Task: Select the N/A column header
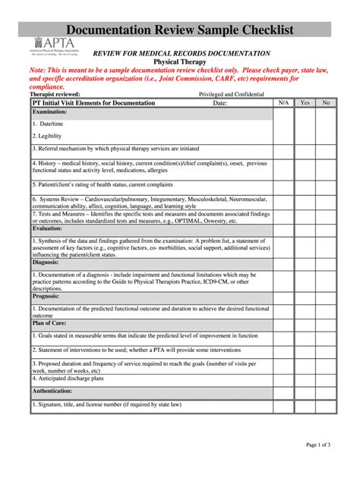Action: (x=283, y=102)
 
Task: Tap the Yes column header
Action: (x=305, y=102)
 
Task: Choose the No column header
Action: (x=326, y=102)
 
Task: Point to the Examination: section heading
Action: (x=50, y=112)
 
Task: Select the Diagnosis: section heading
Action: (x=47, y=262)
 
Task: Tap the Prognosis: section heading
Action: (x=47, y=296)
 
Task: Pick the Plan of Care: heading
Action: (x=50, y=322)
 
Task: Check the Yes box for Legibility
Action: (x=305, y=136)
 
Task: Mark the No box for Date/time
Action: (x=326, y=123)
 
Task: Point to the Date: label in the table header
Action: (x=220, y=102)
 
